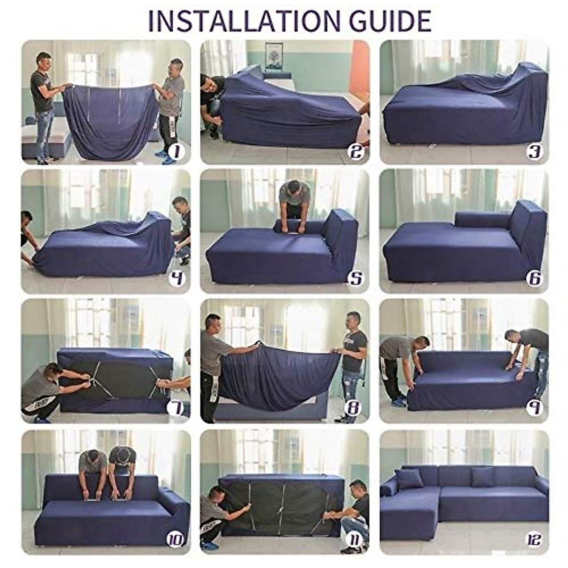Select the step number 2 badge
coord(355,151)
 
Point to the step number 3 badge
coord(534,151)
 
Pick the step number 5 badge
coord(355,278)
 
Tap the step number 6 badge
coord(534,278)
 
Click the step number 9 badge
coord(534,408)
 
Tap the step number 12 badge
coord(534,540)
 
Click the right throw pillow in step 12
coord(483,476)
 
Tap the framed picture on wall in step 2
coord(274,56)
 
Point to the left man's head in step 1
coord(44,61)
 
